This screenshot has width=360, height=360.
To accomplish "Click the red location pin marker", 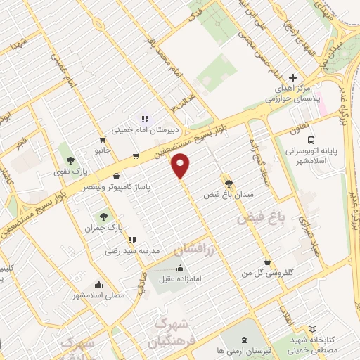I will point(181,165).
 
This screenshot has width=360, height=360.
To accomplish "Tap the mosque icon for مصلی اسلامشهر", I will point(98,285).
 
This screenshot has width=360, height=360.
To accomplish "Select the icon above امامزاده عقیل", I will point(182,268).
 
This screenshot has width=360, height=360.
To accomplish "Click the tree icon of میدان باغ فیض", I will point(227,182).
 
